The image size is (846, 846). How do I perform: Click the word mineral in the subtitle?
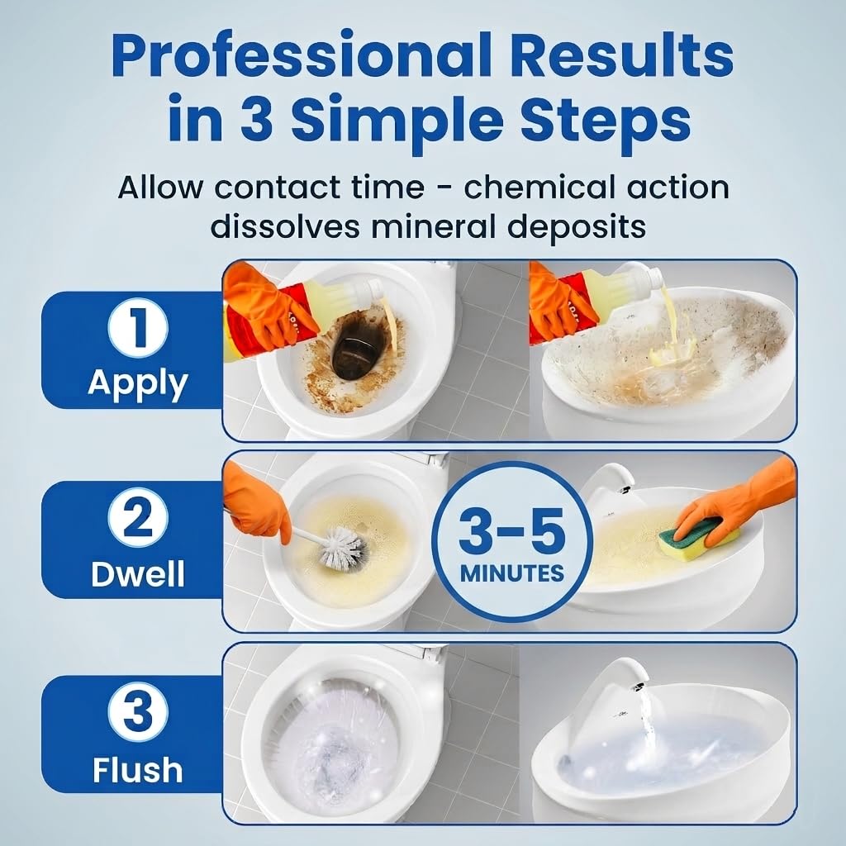tap(431, 226)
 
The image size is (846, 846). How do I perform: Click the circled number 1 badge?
tap(138, 327)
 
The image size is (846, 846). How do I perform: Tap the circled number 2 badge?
tap(138, 517)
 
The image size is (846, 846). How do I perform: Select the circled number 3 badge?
tap(138, 711)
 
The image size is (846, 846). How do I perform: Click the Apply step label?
tap(138, 384)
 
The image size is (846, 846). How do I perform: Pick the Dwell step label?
tap(138, 573)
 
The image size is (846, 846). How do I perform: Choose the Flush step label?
tap(138, 769)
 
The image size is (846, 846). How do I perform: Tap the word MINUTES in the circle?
tap(512, 573)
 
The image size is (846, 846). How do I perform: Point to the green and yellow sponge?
tap(698, 537)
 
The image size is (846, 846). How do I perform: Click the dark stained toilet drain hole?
tap(358, 346)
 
